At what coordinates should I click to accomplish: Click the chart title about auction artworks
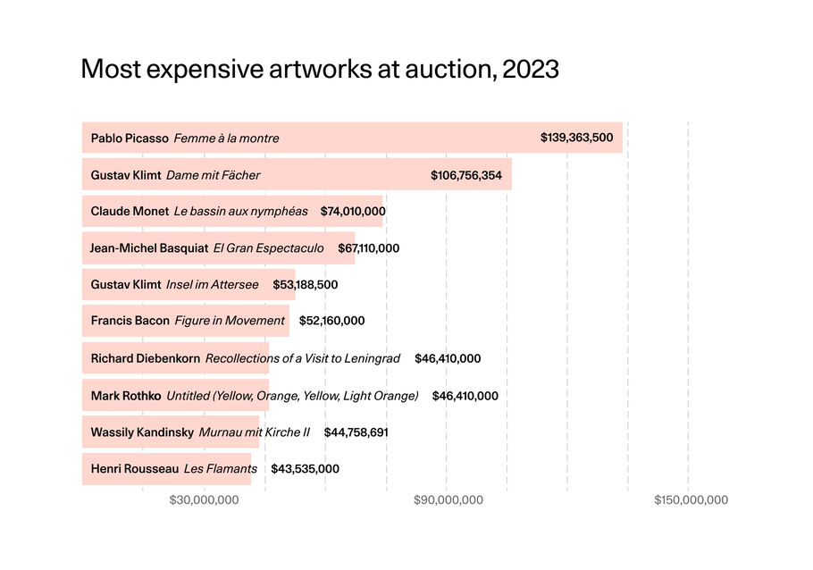[320, 70]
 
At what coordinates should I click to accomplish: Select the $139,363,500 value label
[576, 138]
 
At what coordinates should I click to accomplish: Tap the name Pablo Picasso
[130, 138]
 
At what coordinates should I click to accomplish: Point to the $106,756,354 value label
[466, 175]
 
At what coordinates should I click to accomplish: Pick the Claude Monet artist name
[130, 212]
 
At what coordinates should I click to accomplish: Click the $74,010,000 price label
[353, 212]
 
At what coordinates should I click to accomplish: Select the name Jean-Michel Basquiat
[149, 248]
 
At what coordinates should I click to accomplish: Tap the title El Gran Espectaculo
[268, 248]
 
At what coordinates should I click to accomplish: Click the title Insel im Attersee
[213, 285]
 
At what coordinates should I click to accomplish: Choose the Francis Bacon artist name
[130, 321]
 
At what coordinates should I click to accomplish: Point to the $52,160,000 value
[331, 321]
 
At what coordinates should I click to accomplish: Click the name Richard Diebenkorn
[146, 358]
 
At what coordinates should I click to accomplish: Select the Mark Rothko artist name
[126, 396]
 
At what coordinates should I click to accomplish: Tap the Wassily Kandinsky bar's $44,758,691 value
[356, 432]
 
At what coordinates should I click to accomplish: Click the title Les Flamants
[221, 469]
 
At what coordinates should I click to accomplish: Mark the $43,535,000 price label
[305, 469]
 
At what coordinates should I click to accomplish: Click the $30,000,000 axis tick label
[204, 500]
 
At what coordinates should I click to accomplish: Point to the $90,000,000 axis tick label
[448, 500]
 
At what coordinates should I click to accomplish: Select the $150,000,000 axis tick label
[691, 500]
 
